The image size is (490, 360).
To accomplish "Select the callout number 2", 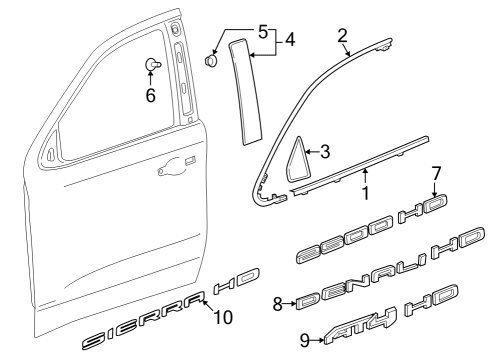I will click(342, 36).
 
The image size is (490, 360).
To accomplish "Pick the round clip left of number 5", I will click(212, 60).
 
